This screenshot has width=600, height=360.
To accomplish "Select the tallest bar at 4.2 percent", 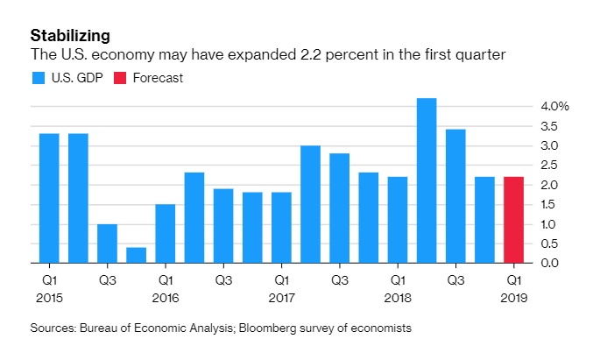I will [427, 180].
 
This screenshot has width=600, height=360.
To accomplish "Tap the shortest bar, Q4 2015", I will [137, 255].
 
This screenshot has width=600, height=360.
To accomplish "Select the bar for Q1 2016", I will [166, 233].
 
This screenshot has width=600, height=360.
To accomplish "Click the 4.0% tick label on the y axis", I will [555, 106].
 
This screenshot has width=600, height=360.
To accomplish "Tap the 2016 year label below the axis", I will [166, 298].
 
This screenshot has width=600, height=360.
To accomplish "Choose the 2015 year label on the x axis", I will [49, 298].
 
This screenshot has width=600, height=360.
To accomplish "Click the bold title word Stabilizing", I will [70, 36].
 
